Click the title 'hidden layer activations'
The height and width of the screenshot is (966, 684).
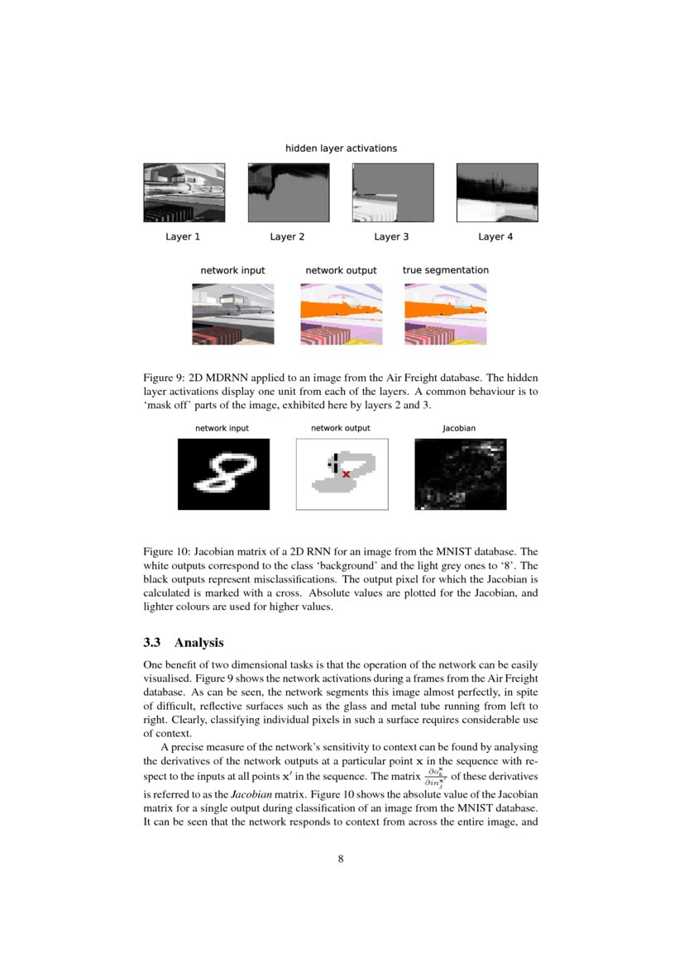click(x=341, y=149)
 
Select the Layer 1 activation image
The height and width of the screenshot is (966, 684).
click(x=184, y=193)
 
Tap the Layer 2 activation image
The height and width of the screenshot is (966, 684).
click(x=288, y=193)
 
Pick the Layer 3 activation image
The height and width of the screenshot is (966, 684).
click(x=392, y=193)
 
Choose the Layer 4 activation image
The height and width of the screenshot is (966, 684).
click(x=496, y=193)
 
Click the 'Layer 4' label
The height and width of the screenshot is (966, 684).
click(x=495, y=237)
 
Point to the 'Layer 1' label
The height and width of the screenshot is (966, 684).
click(x=183, y=237)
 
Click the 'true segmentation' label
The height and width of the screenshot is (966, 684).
click(x=445, y=270)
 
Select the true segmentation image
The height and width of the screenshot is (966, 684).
click(x=445, y=314)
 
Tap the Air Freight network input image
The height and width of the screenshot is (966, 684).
click(x=232, y=314)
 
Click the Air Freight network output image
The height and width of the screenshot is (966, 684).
click(x=340, y=314)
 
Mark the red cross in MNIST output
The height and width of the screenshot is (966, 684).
click(x=346, y=474)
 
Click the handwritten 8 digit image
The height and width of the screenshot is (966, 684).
click(x=223, y=474)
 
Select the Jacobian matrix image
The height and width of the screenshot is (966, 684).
click(x=460, y=474)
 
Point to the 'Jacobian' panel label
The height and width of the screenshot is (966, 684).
click(x=459, y=429)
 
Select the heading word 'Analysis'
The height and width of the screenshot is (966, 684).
click(x=199, y=642)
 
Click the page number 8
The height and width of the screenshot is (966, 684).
click(x=341, y=859)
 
